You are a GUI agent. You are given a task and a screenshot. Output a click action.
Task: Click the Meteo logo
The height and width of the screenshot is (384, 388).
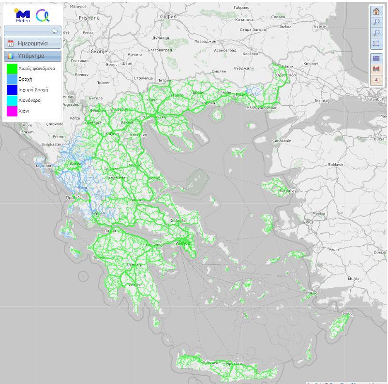pos(22,15)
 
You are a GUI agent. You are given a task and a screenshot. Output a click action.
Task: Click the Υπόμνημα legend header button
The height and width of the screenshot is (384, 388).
pos(32,56)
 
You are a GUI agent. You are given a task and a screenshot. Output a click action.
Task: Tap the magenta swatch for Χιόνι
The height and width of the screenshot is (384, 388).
pos(12,111)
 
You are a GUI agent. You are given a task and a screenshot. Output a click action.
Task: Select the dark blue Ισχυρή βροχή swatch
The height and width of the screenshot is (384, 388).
pos(12,90)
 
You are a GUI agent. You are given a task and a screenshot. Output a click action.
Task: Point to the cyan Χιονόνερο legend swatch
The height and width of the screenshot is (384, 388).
pos(12,100)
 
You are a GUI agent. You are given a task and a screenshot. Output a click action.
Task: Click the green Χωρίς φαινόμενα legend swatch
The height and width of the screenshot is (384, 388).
pos(12,69)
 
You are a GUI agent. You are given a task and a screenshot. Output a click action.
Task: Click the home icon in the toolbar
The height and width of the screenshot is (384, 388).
pos(376,12)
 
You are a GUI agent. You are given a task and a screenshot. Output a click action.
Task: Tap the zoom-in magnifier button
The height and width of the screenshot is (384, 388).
pos(376,22)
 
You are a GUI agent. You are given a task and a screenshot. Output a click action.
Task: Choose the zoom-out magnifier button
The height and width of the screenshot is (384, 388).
pos(376,33)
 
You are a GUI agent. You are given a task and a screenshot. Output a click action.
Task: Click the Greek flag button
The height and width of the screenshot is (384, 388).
pos(376,58)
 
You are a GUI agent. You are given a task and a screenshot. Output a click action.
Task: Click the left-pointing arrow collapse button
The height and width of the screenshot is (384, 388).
pos(54,31)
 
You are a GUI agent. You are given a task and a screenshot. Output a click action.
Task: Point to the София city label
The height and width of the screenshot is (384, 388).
pos(168,16)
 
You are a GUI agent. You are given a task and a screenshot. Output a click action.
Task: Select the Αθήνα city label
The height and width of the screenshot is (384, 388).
pos(183,243)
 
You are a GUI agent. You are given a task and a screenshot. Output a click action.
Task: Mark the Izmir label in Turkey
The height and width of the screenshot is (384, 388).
pos(309,223)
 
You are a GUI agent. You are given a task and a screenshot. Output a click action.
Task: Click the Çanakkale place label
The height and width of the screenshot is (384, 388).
pos(282,141)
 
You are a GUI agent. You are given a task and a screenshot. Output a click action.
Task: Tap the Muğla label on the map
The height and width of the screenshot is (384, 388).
pos(353,279)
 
